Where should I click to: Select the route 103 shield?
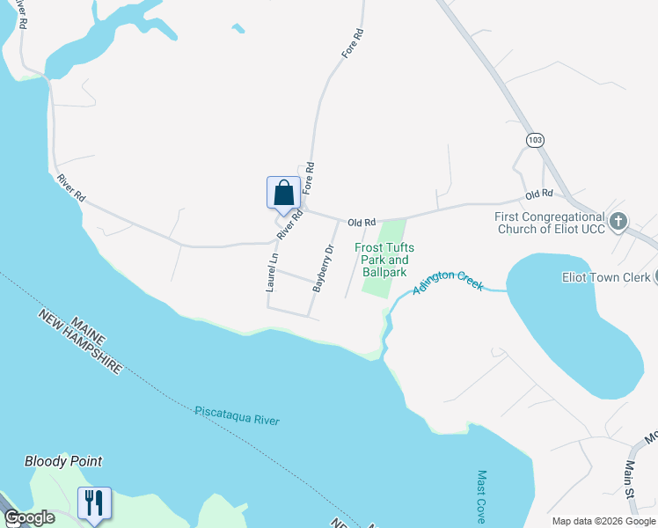click(536, 140)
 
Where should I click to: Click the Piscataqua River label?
click(237, 415)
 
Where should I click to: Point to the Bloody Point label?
click(63, 461)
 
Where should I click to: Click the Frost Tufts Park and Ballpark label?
click(384, 260)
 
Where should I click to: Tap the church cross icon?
click(618, 221)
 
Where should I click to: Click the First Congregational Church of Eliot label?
click(551, 224)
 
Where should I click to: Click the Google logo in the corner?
click(30, 517)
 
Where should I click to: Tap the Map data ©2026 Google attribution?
click(603, 521)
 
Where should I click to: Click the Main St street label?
click(630, 480)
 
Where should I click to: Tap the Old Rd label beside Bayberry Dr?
click(361, 223)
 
